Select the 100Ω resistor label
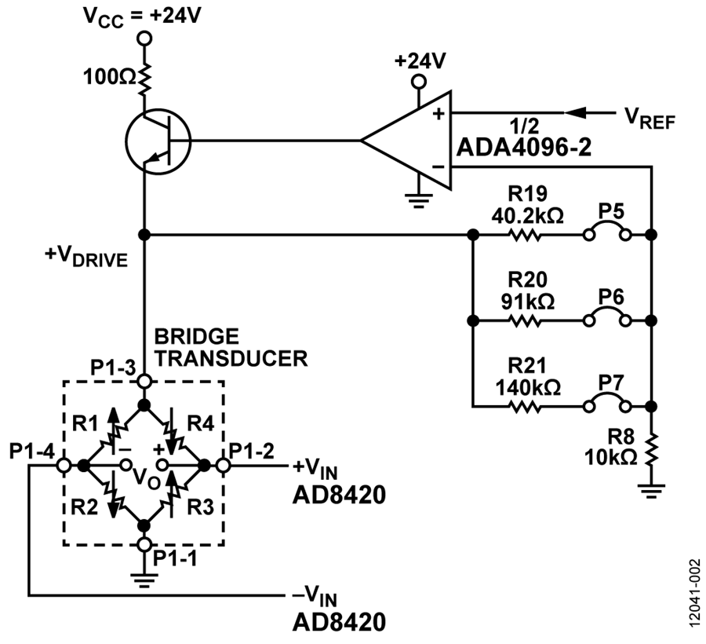pyautogui.click(x=109, y=78)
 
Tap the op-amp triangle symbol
pyautogui.click(x=406, y=140)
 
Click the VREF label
pyautogui.click(x=650, y=119)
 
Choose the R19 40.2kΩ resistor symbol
pyautogui.click(x=525, y=235)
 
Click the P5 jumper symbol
pyautogui.click(x=606, y=231)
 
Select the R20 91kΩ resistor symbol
pyautogui.click(x=525, y=321)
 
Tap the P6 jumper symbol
pyautogui.click(x=606, y=317)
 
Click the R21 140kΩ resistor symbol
pyautogui.click(x=525, y=407)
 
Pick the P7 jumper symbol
pyautogui.click(x=606, y=403)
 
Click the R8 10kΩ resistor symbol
pyautogui.click(x=651, y=449)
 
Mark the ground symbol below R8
pyautogui.click(x=651, y=490)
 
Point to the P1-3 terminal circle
pyautogui.click(x=144, y=382)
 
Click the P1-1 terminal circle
pyautogui.click(x=144, y=544)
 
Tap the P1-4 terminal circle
pyautogui.click(x=64, y=465)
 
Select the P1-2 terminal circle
pyautogui.click(x=224, y=465)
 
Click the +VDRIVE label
pyautogui.click(x=86, y=257)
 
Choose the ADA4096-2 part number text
pyautogui.click(x=524, y=147)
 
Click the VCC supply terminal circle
pyautogui.click(x=144, y=38)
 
